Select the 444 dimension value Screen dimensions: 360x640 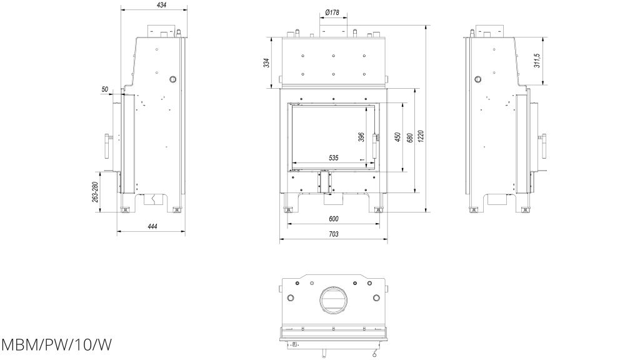tap(152, 226)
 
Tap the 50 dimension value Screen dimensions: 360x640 tap(105, 90)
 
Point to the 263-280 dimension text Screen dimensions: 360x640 tap(95, 191)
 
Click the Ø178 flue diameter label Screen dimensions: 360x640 tap(332, 12)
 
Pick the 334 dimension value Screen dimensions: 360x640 tap(266, 63)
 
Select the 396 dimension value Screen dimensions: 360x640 tap(361, 137)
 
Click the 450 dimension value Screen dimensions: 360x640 tap(397, 137)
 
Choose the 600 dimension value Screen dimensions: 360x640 tap(333, 219)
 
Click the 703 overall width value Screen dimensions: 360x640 tap(333, 234)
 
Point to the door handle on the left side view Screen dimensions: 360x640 tap(108, 145)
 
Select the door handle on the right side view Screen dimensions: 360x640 tap(543, 146)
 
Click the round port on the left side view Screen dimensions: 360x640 tap(172, 79)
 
